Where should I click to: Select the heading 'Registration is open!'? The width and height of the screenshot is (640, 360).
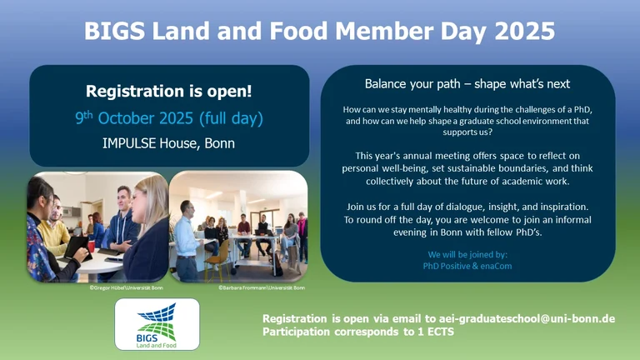click(157, 91)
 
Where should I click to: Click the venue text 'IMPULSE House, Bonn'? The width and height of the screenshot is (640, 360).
click(157, 142)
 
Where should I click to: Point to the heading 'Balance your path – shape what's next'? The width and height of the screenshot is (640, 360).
click(467, 84)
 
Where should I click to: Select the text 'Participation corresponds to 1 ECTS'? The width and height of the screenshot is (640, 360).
click(358, 332)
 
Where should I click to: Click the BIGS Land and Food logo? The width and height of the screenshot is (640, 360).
click(157, 323)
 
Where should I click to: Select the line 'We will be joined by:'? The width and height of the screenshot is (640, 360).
click(467, 252)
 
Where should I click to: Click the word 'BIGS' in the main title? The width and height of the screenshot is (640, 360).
click(112, 32)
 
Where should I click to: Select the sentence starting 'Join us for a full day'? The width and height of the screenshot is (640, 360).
click(467, 206)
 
